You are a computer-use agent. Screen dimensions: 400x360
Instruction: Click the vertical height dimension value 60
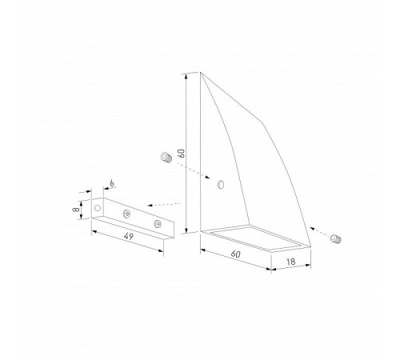pos(182,154)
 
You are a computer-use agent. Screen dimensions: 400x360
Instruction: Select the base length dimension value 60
pos(236,254)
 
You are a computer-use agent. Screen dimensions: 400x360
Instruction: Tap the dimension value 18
pos(291,262)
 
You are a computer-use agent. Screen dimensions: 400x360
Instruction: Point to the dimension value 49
pos(129,236)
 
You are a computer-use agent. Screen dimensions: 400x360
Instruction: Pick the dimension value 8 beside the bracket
pos(75,210)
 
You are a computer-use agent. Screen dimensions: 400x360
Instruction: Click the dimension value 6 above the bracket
pos(112,183)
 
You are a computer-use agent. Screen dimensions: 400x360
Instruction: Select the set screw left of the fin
pos(166,157)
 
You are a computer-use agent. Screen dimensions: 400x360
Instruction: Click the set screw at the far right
pos(335,238)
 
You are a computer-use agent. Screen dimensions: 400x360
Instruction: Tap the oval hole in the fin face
pos(221,185)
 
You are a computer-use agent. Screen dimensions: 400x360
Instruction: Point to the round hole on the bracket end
pos(98,208)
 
